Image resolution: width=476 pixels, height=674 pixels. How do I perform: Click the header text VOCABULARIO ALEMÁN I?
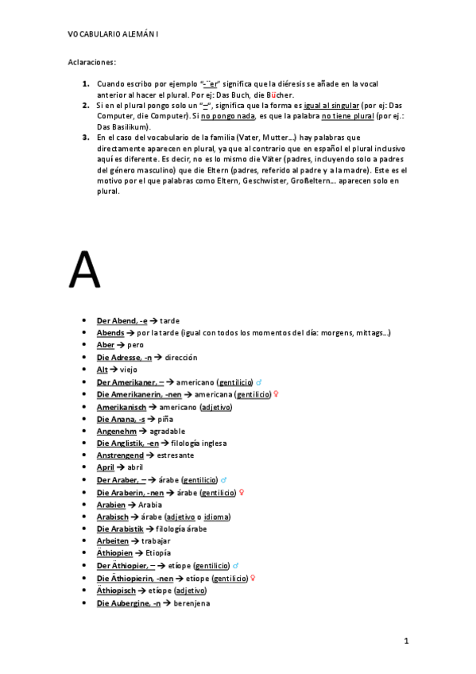[x=113, y=35]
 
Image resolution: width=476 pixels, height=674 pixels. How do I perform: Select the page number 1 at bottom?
[x=405, y=641]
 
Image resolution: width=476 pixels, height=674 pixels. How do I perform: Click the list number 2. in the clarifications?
[x=85, y=104]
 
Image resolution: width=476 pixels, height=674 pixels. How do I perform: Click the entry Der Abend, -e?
[x=122, y=320]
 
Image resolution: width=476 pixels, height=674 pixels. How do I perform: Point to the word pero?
[x=135, y=345]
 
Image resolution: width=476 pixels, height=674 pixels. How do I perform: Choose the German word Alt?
[x=102, y=370]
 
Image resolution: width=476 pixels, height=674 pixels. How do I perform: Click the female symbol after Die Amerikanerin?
[x=276, y=394]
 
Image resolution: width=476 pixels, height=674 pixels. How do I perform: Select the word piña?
[x=164, y=419]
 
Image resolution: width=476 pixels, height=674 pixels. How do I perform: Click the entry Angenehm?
[x=118, y=431]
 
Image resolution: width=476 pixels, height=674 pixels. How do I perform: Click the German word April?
[x=106, y=468]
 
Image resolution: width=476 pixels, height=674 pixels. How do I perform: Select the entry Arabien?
[x=111, y=505]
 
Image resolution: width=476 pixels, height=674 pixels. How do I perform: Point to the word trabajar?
[x=154, y=541]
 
